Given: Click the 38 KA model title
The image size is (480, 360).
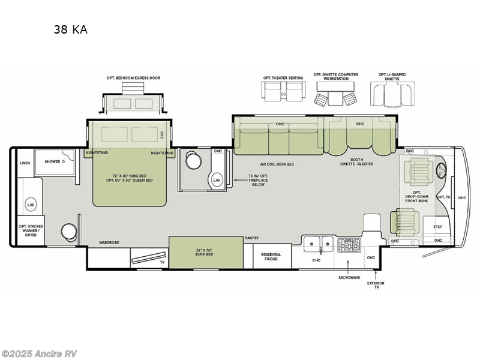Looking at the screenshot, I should pos(71,29).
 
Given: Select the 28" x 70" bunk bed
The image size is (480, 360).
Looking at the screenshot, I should pos(206,252).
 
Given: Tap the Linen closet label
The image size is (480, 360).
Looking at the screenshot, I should pos(25,163).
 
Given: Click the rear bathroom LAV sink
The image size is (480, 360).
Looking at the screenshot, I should pos(30,205).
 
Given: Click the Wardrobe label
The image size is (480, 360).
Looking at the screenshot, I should pos(109,242).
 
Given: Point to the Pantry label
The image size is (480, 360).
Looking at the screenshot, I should pos(251,238).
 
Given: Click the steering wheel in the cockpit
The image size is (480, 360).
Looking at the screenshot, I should pos(445,170).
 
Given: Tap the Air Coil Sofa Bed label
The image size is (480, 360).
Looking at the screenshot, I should pos(278,164).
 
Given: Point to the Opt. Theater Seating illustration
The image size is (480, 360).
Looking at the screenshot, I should pos(283,91).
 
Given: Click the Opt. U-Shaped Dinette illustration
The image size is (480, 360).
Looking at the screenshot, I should pos(392,92).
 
